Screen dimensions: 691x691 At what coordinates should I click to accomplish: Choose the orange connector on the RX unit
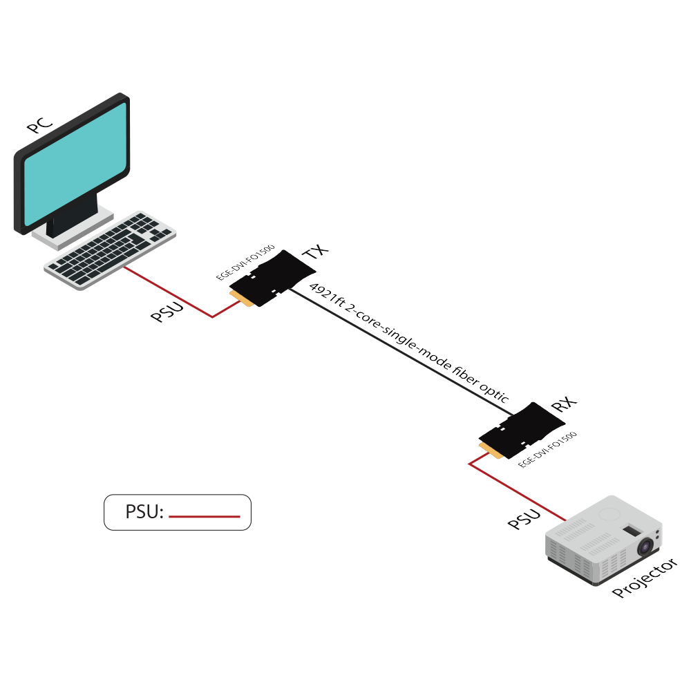point(491,450)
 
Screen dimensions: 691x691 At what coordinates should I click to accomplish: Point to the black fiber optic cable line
point(401,352)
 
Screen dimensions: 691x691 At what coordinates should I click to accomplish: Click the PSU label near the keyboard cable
point(167,312)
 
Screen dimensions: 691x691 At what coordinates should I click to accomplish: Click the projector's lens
point(647,547)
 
